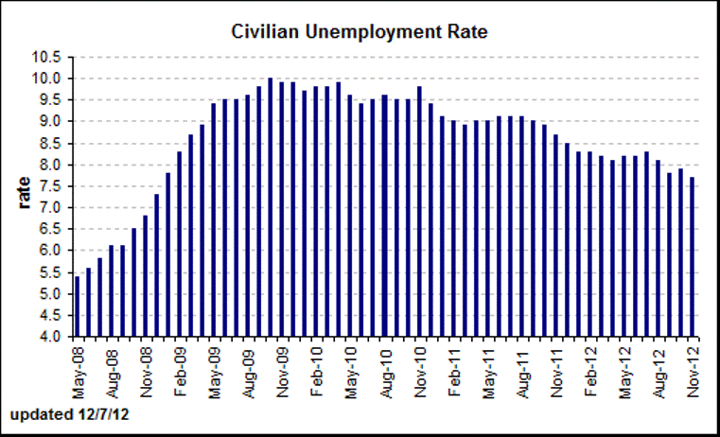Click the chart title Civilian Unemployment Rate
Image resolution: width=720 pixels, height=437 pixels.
(359, 31)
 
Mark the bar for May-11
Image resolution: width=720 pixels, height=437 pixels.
(488, 228)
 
